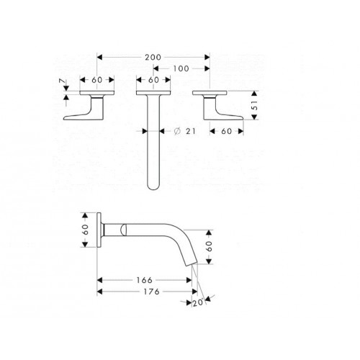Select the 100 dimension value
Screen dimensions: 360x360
(x=181, y=67)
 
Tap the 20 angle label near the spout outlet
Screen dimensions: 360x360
(x=198, y=303)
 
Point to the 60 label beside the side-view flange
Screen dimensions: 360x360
(x=86, y=229)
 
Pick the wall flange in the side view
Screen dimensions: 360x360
(x=102, y=230)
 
